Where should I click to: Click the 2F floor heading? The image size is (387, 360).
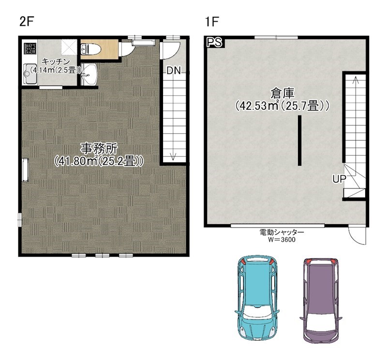pyautogui.click(x=27, y=22)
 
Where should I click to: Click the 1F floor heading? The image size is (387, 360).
pyautogui.click(x=212, y=22)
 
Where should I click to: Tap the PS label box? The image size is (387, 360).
pyautogui.click(x=214, y=42)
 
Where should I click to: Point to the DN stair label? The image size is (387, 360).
pyautogui.click(x=174, y=71)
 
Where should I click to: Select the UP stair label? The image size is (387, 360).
pyautogui.click(x=340, y=179)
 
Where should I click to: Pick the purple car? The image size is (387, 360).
pyautogui.click(x=321, y=301)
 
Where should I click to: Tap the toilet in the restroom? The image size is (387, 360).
pyautogui.click(x=91, y=49)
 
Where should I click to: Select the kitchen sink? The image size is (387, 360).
pyautogui.click(x=30, y=74)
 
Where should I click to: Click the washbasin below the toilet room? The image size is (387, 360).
pyautogui.click(x=89, y=74)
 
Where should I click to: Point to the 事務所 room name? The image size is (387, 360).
pyautogui.click(x=99, y=149)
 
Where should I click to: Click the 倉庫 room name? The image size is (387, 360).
pyautogui.click(x=283, y=93)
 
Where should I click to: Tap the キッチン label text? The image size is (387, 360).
pyautogui.click(x=56, y=61)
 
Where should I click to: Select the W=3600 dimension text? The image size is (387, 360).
pyautogui.click(x=282, y=239)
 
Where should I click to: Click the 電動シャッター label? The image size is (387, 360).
pyautogui.click(x=282, y=232)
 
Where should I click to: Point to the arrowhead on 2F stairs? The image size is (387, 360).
pyautogui.click(x=173, y=157)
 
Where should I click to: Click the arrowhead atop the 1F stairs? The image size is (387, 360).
pyautogui.click(x=356, y=80)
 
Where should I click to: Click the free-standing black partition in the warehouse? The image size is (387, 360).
pyautogui.click(x=299, y=140)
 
